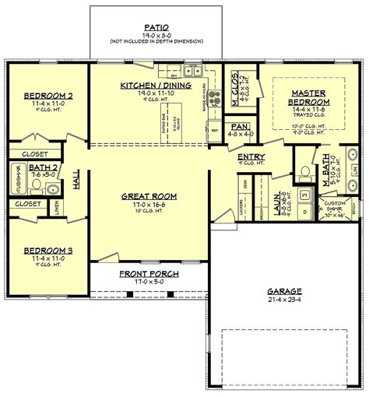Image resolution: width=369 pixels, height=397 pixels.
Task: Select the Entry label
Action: pos(248,156)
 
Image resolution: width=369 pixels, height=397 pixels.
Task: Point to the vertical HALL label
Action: pos(76,181)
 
